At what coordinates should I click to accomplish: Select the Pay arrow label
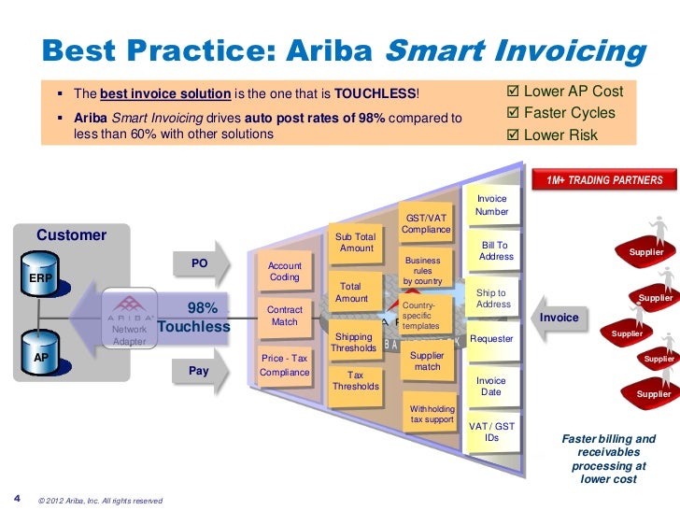(x=199, y=371)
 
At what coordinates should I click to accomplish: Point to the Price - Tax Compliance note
(x=284, y=365)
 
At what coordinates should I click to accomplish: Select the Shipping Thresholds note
(x=354, y=343)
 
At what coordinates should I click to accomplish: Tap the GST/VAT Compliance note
(x=426, y=223)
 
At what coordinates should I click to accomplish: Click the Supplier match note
(x=427, y=361)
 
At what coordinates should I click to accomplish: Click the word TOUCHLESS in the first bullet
(x=384, y=94)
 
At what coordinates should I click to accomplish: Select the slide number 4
(x=18, y=495)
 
